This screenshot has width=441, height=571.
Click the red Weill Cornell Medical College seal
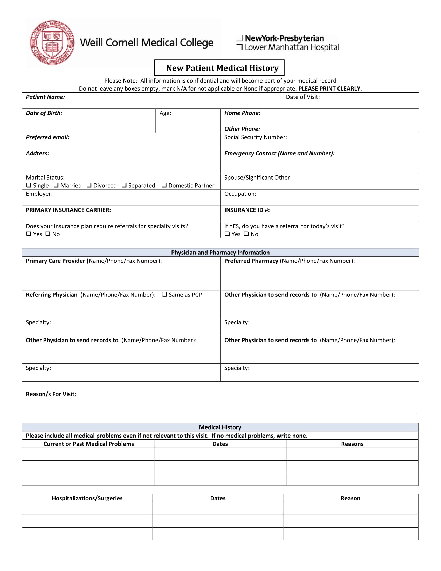[52, 42]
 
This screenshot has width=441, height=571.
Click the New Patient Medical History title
[222, 68]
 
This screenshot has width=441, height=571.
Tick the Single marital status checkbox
[29, 185]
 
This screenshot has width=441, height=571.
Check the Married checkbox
[56, 185]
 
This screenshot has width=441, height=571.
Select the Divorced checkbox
[89, 185]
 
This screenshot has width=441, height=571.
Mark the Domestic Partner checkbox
[164, 185]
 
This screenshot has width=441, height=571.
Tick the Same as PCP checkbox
[164, 294]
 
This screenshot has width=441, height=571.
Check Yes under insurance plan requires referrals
[29, 234]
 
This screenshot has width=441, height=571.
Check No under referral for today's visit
[246, 234]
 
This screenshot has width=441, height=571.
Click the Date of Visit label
[302, 97]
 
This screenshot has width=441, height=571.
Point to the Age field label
[165, 113]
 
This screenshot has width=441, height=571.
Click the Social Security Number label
[255, 137]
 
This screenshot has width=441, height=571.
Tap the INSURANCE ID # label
[247, 210]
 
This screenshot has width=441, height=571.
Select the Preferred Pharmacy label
[251, 261]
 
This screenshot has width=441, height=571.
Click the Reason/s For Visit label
[51, 394]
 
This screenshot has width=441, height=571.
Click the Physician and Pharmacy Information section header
[220, 253]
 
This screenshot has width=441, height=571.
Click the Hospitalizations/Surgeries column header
[87, 498]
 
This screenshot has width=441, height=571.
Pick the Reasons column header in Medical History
[352, 444]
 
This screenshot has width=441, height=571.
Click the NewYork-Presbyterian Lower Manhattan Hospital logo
[287, 43]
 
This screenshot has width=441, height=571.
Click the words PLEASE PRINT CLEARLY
[329, 89]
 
